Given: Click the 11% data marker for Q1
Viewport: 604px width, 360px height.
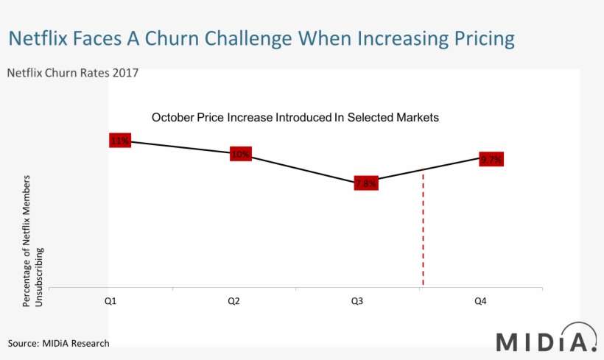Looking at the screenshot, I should click(x=119, y=140).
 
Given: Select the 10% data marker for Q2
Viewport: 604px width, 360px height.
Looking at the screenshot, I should click(x=241, y=154).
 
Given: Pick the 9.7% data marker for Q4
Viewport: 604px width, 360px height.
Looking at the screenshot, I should click(x=491, y=159).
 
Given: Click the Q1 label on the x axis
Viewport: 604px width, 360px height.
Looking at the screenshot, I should click(x=109, y=301).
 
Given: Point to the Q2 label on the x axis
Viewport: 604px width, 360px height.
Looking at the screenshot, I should click(x=233, y=301).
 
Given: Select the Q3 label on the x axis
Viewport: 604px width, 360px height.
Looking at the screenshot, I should click(x=357, y=301).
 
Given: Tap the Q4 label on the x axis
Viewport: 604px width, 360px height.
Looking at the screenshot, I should click(x=480, y=301).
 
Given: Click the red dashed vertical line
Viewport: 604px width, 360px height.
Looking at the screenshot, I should click(x=423, y=236).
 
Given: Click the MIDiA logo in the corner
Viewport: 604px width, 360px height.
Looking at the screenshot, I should click(x=545, y=340).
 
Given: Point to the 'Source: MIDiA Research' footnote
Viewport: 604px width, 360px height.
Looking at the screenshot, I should click(x=58, y=343).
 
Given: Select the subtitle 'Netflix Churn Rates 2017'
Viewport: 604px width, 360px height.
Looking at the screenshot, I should click(x=72, y=73).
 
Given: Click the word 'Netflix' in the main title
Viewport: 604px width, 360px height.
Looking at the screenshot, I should click(x=41, y=38).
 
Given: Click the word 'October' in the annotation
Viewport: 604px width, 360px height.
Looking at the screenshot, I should click(x=174, y=117).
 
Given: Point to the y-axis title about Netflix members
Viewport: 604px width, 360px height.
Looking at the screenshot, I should click(x=34, y=241).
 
